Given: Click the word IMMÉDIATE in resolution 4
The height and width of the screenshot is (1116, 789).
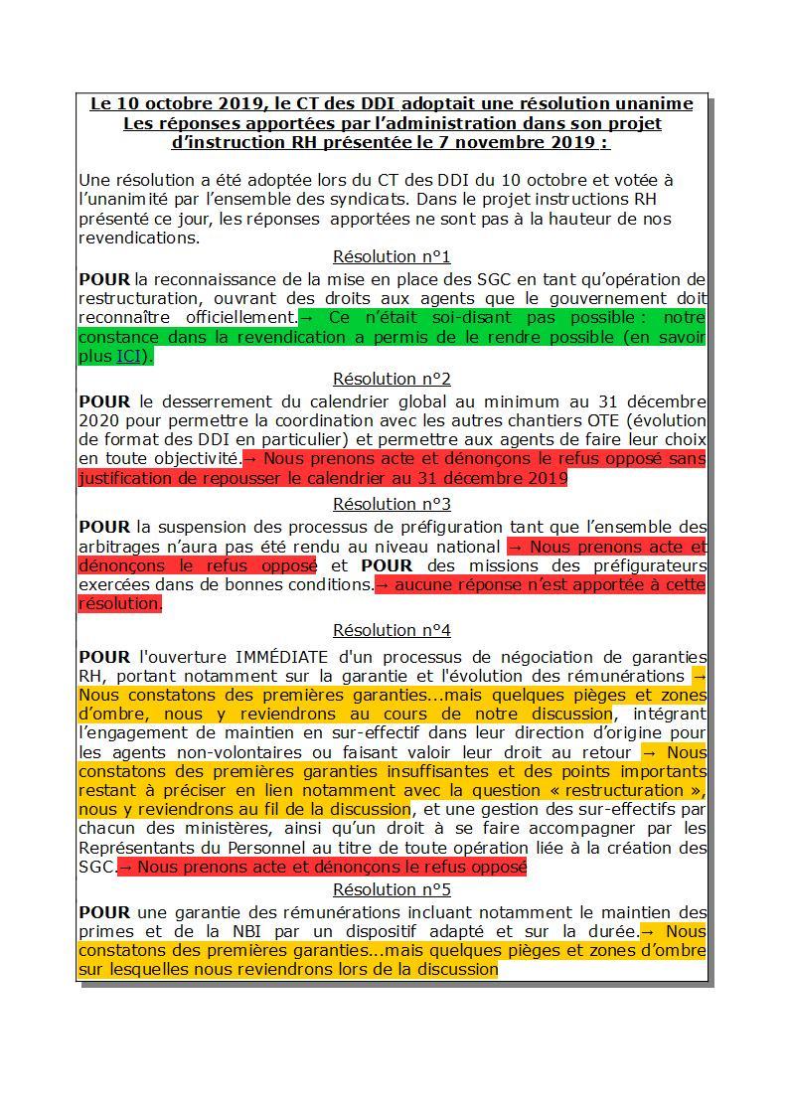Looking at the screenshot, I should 279,657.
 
